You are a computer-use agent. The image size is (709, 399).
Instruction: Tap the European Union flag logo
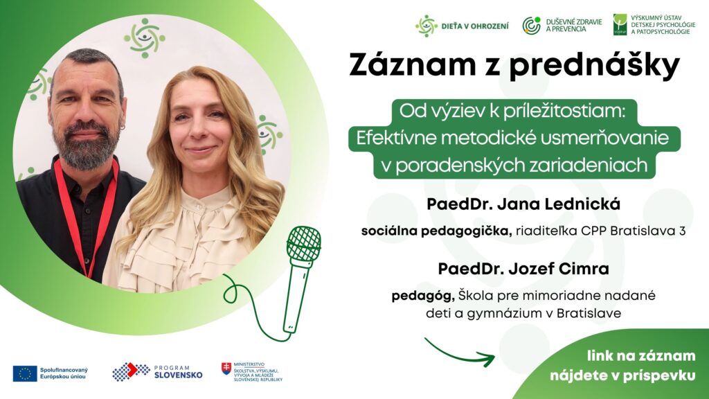pyautogui.click(x=25, y=373)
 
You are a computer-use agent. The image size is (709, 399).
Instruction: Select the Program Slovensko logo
pyautogui.click(x=157, y=372)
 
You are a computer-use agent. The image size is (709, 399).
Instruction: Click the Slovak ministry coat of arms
pyautogui.click(x=226, y=369)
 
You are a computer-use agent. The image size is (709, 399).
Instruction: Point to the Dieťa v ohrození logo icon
pyautogui.click(x=426, y=26)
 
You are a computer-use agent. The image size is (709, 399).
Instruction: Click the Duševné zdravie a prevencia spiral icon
pyautogui.click(x=532, y=26)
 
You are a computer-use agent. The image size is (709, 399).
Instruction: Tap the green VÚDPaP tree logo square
pyautogui.click(x=620, y=24)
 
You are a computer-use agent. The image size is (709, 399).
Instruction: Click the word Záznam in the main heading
pyautogui.click(x=413, y=66)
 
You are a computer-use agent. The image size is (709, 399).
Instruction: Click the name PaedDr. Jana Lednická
pyautogui.click(x=523, y=204)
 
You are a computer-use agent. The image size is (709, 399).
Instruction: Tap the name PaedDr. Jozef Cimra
pyautogui.click(x=523, y=269)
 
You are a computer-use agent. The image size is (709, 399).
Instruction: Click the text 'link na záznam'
pyautogui.click(x=641, y=356)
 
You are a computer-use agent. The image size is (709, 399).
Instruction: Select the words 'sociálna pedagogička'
pyautogui.click(x=436, y=231)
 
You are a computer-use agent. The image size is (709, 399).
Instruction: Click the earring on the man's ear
pyautogui.click(x=123, y=128)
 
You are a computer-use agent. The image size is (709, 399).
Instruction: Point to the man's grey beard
pyautogui.click(x=86, y=145)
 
